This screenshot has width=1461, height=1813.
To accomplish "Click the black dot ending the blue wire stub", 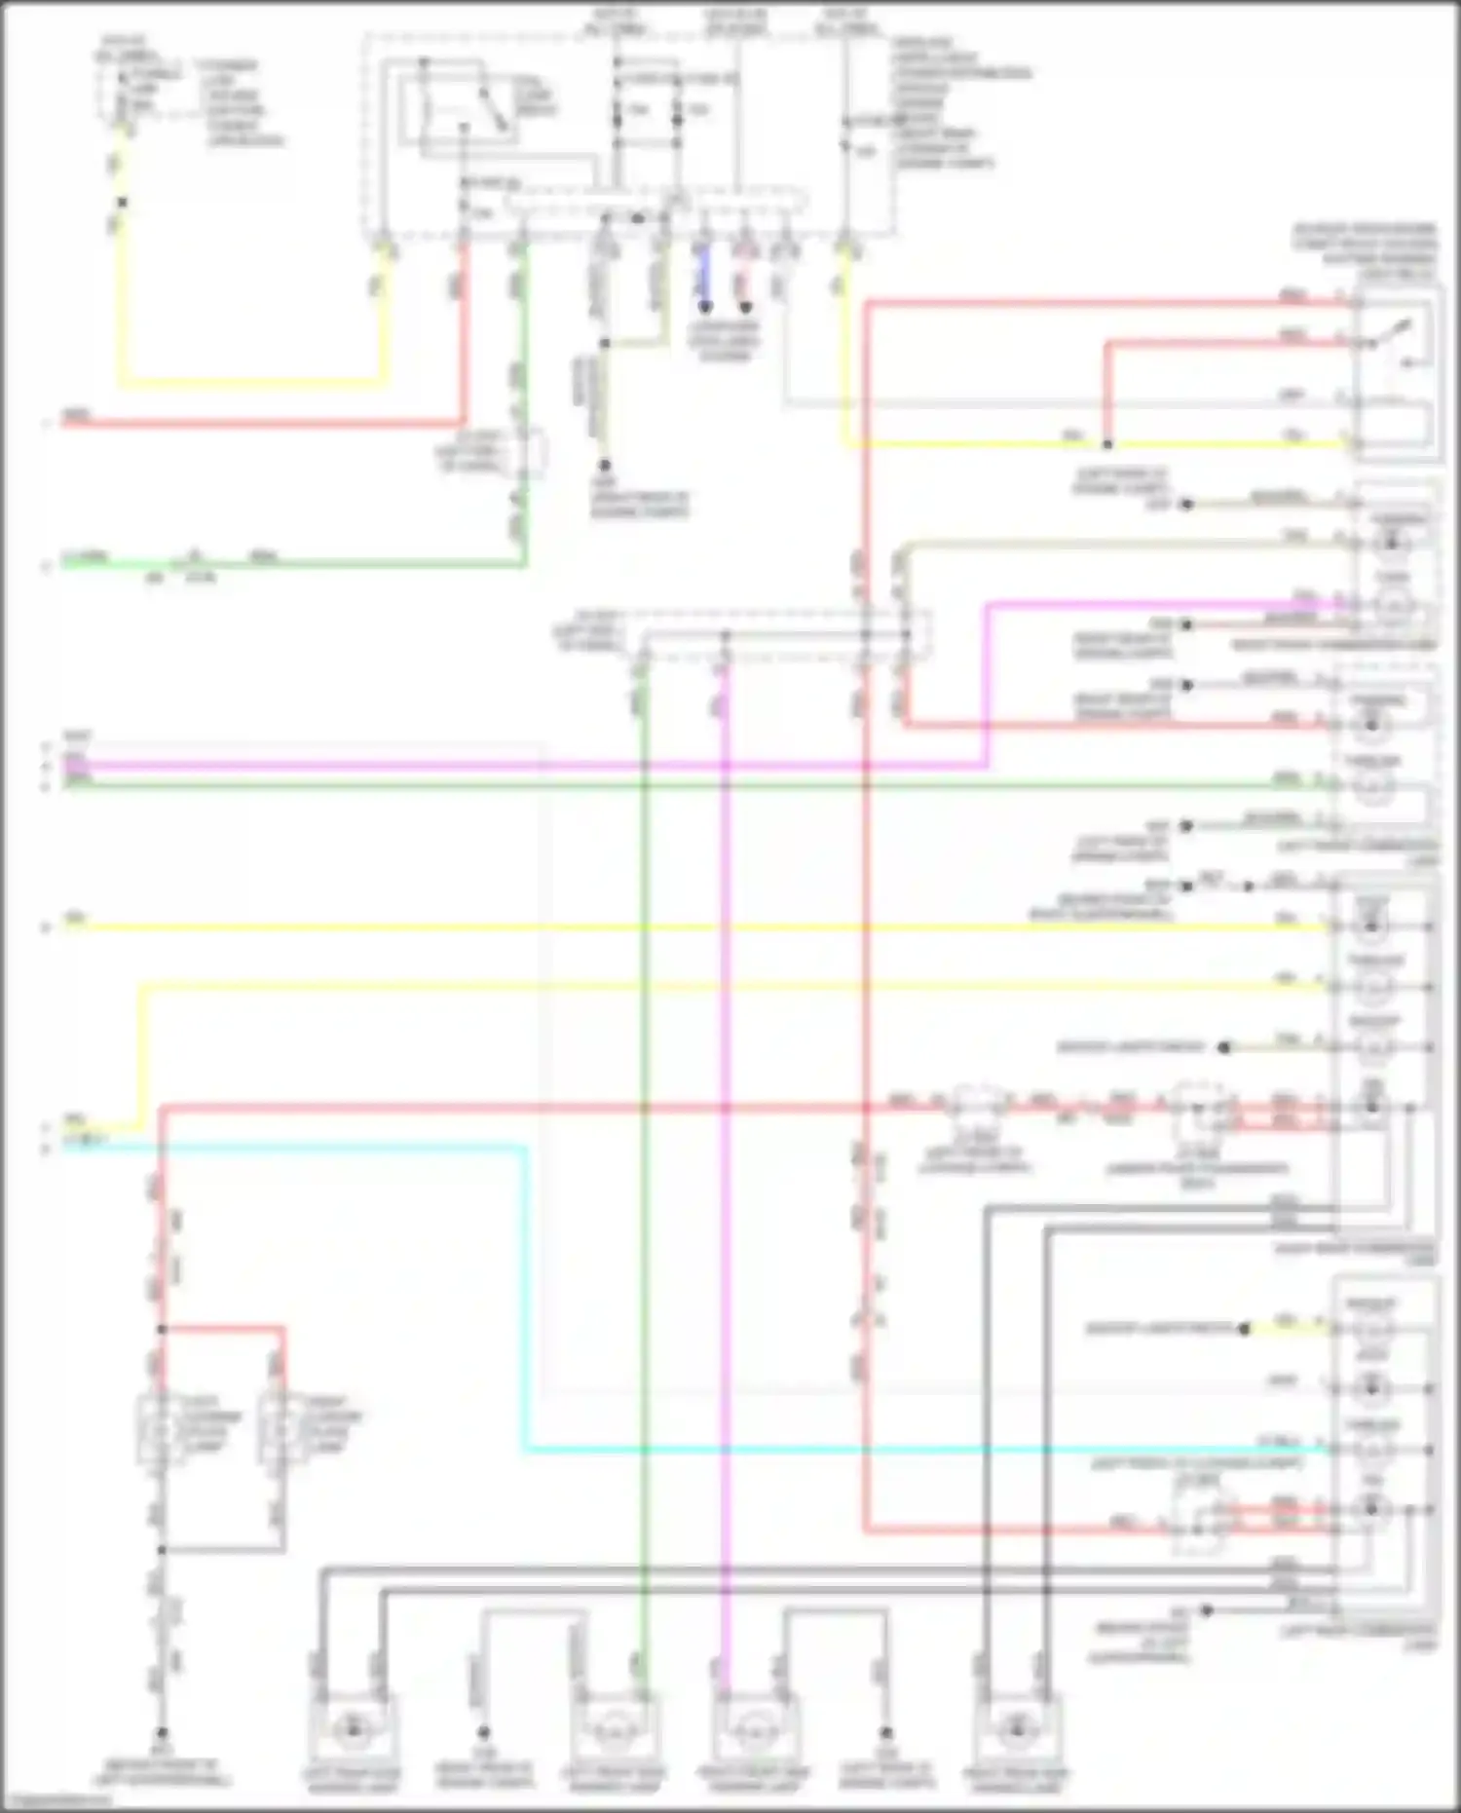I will (x=704, y=307).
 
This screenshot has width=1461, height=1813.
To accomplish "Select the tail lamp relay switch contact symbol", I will (x=487, y=107).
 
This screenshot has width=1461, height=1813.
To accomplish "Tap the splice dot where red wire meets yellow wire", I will (x=1106, y=444).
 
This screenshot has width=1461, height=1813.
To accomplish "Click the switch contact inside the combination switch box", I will (x=1403, y=336).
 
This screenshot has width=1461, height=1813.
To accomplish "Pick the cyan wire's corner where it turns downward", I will (x=526, y=1149).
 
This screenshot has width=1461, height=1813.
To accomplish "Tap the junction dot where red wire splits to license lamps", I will (x=162, y=1329).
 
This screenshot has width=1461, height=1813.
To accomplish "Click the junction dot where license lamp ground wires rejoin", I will (x=162, y=1549).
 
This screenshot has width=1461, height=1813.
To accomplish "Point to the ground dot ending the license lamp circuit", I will (x=162, y=1733).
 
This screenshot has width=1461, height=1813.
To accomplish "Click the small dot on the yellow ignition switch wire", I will (x=122, y=203).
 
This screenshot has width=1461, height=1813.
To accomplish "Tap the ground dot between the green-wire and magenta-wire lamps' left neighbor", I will (x=483, y=1733).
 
